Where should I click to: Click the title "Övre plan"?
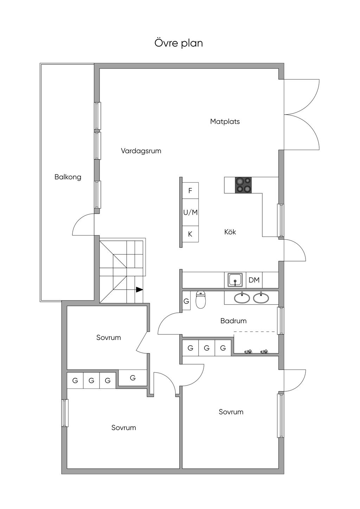pyautogui.click(x=179, y=43)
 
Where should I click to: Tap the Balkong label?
pyautogui.click(x=68, y=177)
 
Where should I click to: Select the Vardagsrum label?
pyautogui.click(x=141, y=151)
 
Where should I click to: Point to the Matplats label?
pyautogui.click(x=225, y=122)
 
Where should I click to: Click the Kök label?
pyautogui.click(x=230, y=232)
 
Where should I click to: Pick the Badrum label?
pyautogui.click(x=233, y=321)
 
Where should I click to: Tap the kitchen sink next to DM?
pyautogui.click(x=235, y=280)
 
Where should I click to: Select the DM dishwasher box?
pyautogui.click(x=254, y=280)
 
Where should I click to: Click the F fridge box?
pyautogui.click(x=190, y=191)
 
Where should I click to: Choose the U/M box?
pyautogui.click(x=190, y=212)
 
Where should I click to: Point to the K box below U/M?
pyautogui.click(x=190, y=234)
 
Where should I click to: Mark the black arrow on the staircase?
pyautogui.click(x=140, y=290)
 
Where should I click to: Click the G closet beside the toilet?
pyautogui.click(x=186, y=301)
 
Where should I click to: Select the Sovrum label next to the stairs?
pyautogui.click(x=109, y=337)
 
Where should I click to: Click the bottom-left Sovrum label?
pyautogui.click(x=124, y=428)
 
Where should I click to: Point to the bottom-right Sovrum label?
pyautogui.click(x=231, y=412)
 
